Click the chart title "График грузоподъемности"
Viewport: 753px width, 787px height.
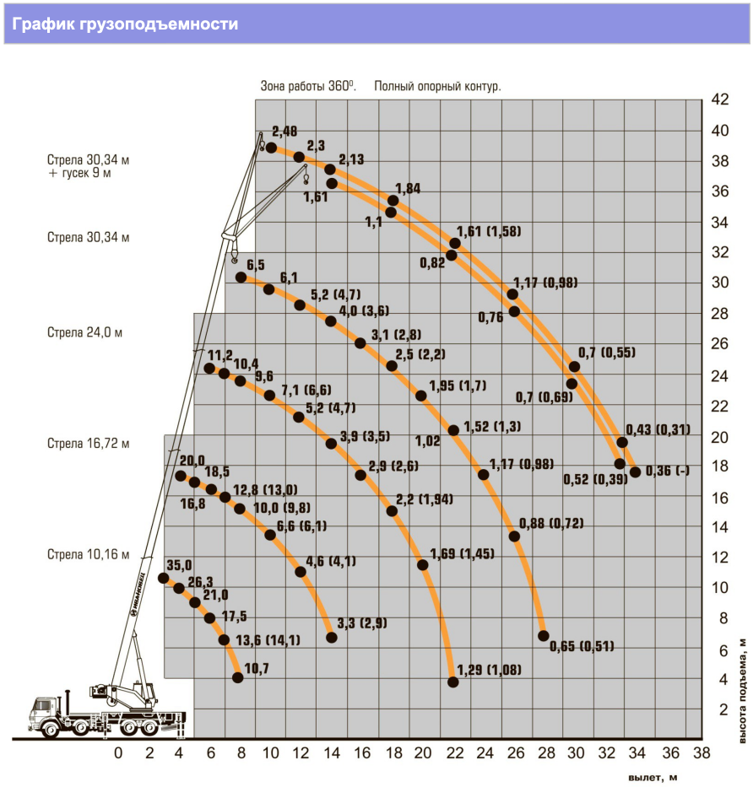pos(125,24)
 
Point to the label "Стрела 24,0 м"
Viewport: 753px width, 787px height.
pos(85,332)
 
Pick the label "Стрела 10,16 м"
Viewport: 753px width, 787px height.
pos(89,554)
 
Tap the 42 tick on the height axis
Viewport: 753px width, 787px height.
pos(719,100)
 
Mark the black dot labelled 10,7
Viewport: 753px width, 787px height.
pos(237,677)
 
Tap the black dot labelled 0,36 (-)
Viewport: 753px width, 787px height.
pos(635,472)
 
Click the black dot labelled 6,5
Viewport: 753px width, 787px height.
pos(241,278)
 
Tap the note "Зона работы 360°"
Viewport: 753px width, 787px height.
pos(308,86)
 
